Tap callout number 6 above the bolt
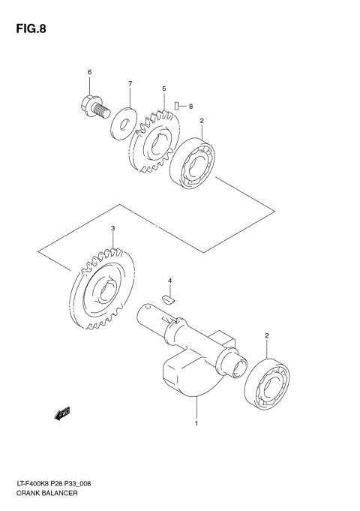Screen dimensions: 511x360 89,72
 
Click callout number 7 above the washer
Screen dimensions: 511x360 129,83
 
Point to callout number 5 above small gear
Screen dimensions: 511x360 163,89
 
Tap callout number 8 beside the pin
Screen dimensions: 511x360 190,107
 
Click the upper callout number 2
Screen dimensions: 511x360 201,120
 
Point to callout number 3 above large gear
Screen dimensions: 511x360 112,228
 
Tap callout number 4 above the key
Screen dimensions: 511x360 170,281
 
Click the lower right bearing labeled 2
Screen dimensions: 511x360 267,384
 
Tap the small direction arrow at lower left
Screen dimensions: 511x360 61,412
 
